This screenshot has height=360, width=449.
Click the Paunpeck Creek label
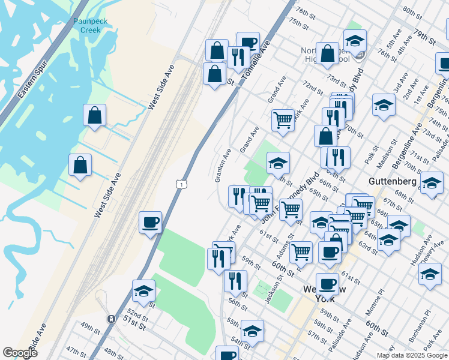pyautogui.click(x=89, y=25)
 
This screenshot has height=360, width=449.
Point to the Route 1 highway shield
pyautogui.click(x=180, y=185)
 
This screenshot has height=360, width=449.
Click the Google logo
pyautogui.click(x=20, y=352)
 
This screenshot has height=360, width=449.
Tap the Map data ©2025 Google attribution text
pyautogui.click(x=412, y=355)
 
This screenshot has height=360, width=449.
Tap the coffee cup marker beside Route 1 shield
pyautogui.click(x=150, y=223)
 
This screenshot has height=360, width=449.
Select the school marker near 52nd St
pyautogui.click(x=143, y=292)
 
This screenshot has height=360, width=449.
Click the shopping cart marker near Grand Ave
pyautogui.click(x=283, y=119)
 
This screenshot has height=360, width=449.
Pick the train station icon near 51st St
pyautogui.click(x=110, y=319)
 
